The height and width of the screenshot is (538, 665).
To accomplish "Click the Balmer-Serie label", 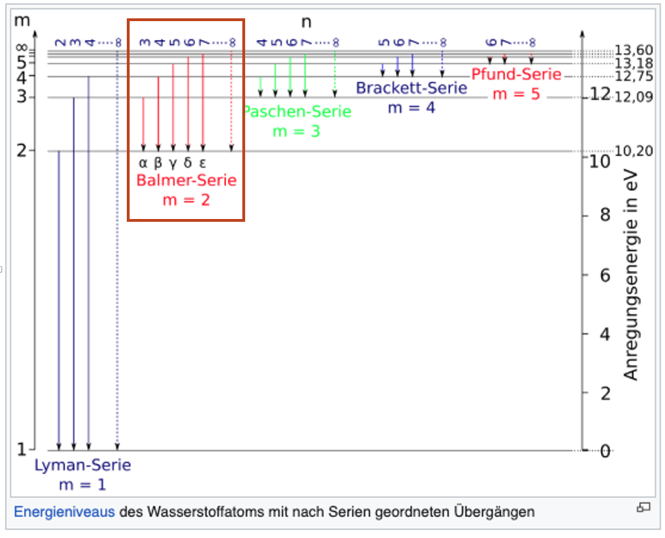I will point(187,180).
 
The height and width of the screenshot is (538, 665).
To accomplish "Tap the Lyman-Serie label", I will point(83,465).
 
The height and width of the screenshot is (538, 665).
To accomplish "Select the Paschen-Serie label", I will point(297,112).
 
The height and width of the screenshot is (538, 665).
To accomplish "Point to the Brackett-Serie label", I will point(411,88).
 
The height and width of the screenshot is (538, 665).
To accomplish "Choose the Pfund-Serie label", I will point(516,75).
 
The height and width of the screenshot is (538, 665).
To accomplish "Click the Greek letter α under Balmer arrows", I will point(143,163).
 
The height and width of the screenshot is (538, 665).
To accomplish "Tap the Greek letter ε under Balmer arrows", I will point(203,163).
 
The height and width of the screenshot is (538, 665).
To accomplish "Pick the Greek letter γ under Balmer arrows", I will point(173,163).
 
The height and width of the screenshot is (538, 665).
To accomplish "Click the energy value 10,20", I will point(633,151).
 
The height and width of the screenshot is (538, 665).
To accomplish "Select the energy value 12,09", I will point(633,97).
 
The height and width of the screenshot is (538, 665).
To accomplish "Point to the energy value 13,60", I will point(633,50).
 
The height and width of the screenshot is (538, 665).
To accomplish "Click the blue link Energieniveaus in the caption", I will point(64,512).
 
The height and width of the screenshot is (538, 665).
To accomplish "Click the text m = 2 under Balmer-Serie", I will point(187,200).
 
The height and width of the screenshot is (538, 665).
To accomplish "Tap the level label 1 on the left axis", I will point(21,449).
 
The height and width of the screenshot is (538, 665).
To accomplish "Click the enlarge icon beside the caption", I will point(642,508).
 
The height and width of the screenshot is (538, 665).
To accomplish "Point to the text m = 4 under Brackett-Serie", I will point(411,108).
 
